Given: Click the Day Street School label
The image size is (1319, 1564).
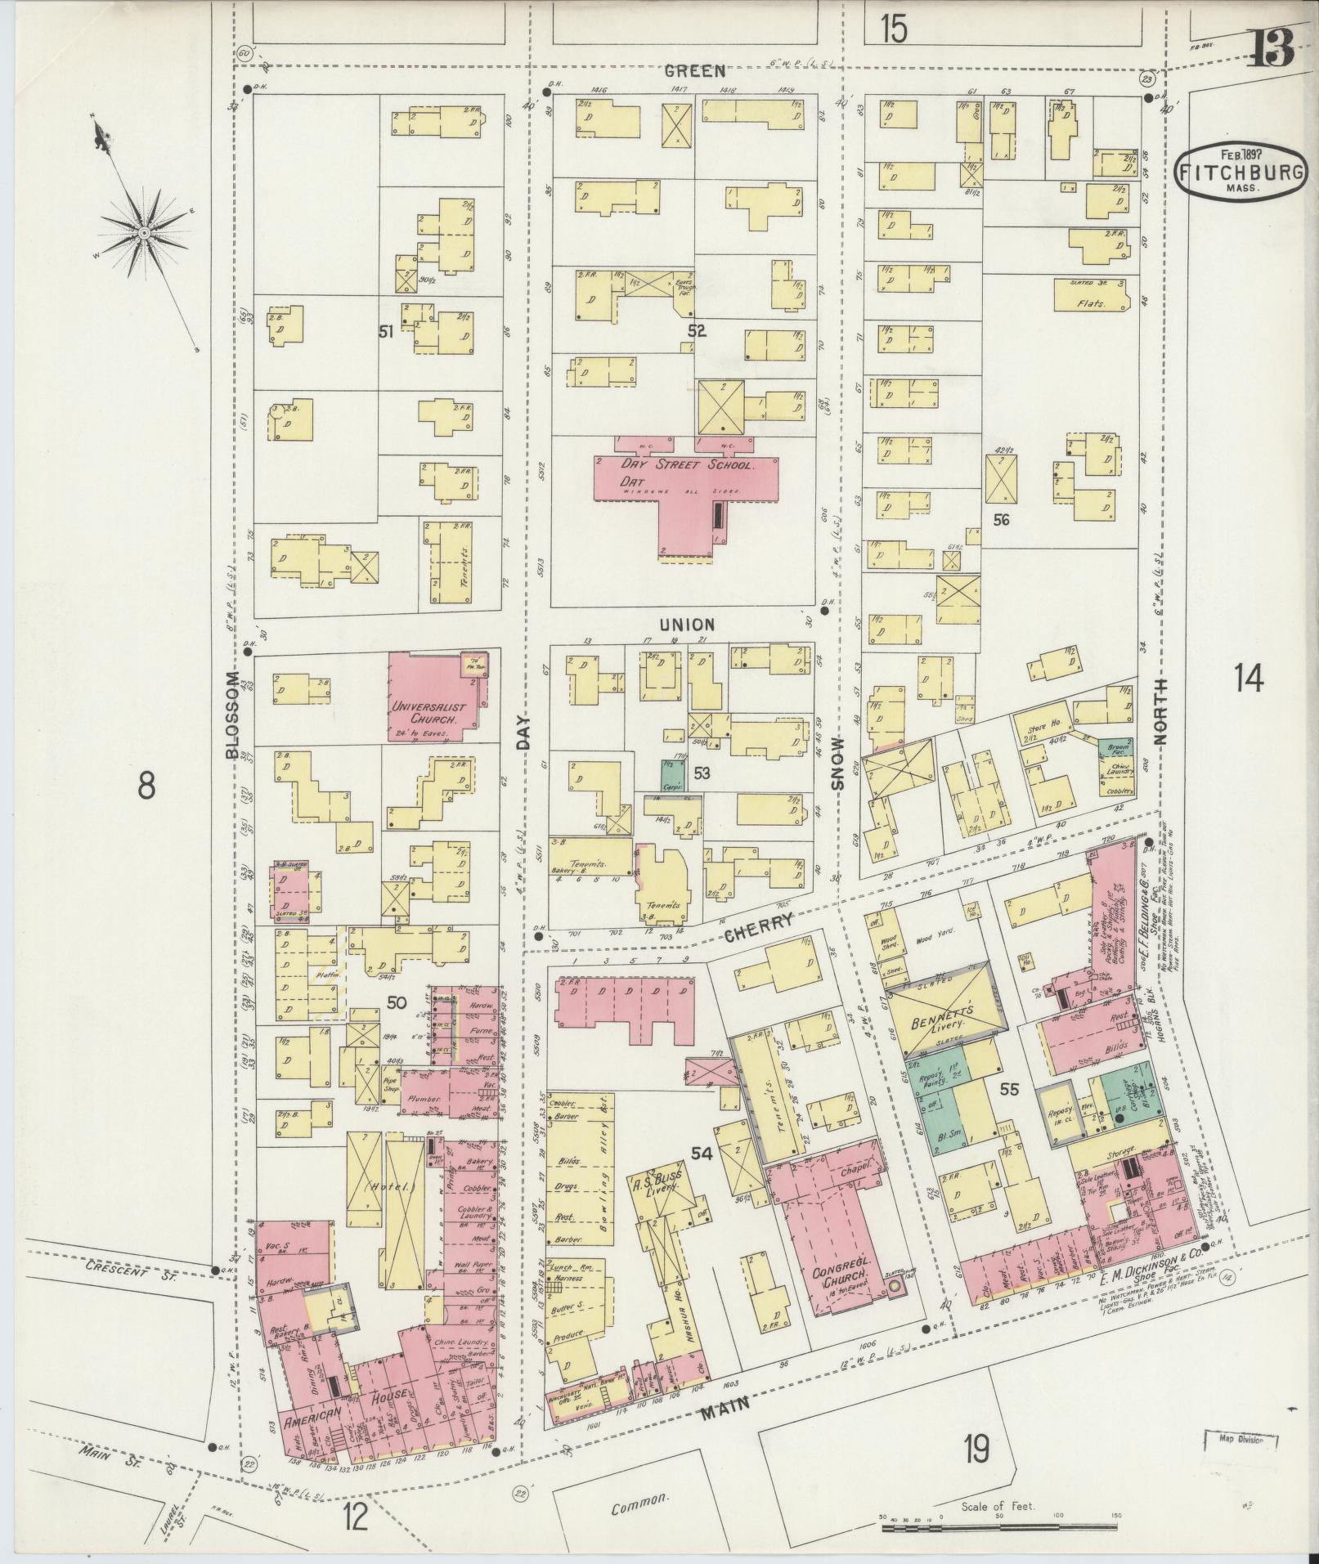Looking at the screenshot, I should tap(686, 464).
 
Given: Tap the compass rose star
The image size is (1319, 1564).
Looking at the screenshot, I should tap(144, 234).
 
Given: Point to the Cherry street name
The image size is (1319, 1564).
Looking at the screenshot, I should tap(758, 925).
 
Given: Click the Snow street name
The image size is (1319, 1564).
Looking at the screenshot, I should tap(837, 772).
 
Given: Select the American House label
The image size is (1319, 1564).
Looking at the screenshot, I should tap(343, 1418).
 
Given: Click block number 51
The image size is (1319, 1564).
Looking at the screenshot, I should tap(386, 331).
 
